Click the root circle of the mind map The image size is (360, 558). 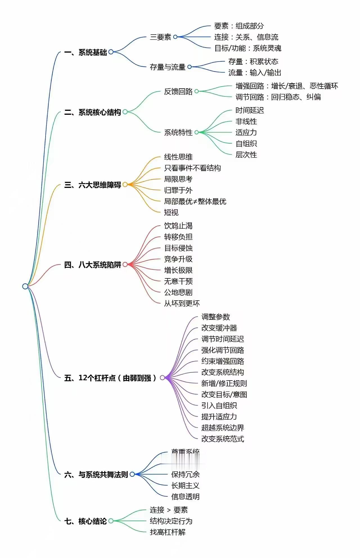tap(25, 286)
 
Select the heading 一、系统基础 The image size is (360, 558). tap(85, 52)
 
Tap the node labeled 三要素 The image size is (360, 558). tap(160, 37)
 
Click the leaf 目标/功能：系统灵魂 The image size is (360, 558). tap(247, 48)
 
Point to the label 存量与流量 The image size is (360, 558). tap(167, 67)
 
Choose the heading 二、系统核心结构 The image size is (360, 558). tap(93, 112)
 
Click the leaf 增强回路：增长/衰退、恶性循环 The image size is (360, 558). tap(287, 86)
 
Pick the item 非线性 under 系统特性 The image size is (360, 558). tap(246, 121)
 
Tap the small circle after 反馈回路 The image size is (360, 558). tap(197, 91)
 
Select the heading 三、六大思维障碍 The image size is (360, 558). tap(93, 185)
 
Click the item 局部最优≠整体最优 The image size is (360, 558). tap(195, 201)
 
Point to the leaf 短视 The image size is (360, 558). tap(171, 212)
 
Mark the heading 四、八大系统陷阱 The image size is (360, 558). tap(93, 265)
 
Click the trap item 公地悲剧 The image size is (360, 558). tap(178, 292)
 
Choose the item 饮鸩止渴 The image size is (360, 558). tap(178, 226)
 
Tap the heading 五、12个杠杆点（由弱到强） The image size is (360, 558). tap(110, 378)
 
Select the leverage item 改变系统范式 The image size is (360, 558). tap(222, 439)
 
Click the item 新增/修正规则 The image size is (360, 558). tap(224, 383)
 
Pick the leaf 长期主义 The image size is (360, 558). tap(185, 485)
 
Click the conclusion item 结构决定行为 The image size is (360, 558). tap(171, 521)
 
